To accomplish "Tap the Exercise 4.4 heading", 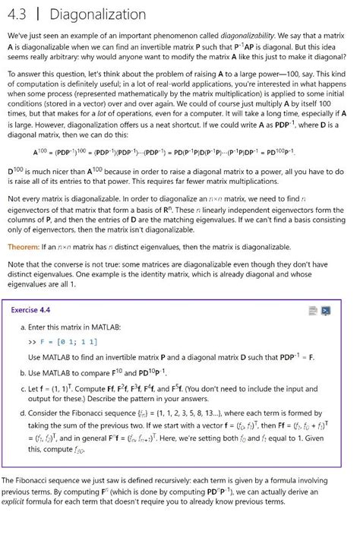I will click(x=30, y=310).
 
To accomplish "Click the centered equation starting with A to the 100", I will click(x=179, y=153).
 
